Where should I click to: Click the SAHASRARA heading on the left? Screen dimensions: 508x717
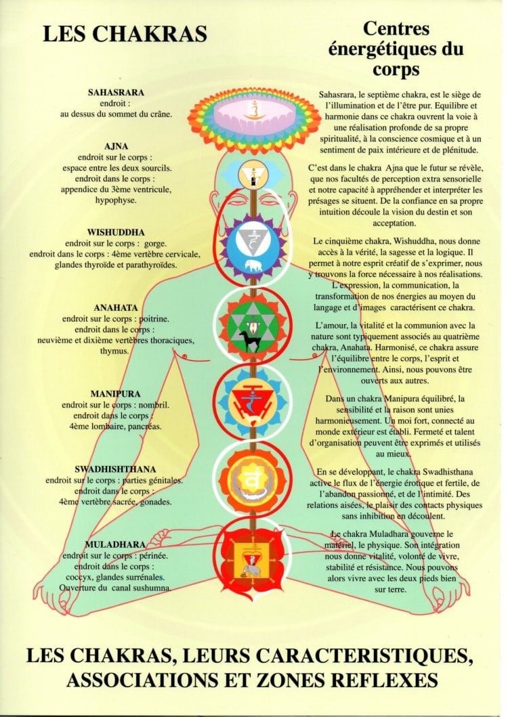116,92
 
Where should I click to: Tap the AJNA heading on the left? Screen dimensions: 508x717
116,146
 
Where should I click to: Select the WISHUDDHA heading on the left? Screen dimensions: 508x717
116,232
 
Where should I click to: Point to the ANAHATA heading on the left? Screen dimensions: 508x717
116,308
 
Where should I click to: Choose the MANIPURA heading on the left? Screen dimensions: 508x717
115,394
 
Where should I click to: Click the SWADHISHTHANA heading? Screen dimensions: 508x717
115,469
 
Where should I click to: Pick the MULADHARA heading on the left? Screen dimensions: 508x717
115,544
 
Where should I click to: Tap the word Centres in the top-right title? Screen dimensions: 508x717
396,28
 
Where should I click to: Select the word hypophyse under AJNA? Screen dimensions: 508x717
116,200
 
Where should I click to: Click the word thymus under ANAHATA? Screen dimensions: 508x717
114,351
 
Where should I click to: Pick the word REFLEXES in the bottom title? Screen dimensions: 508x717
385,681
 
